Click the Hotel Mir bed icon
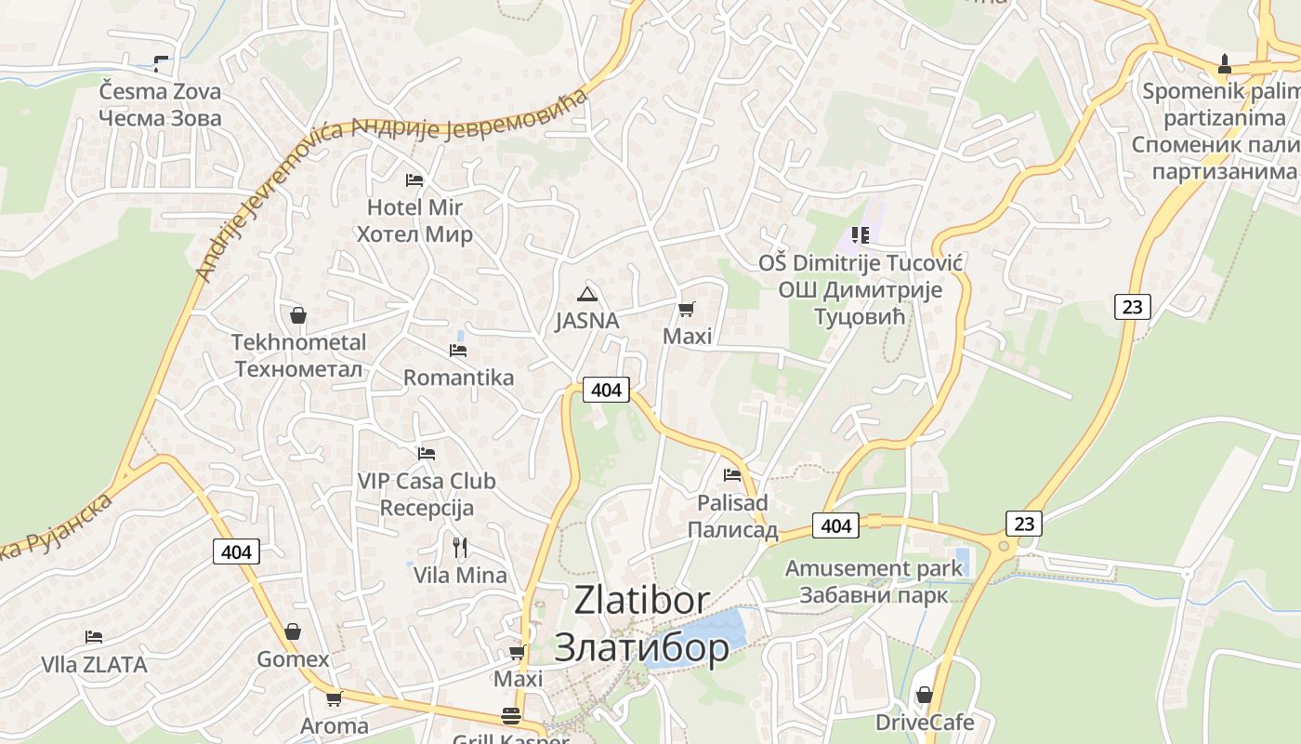pyautogui.click(x=414, y=179)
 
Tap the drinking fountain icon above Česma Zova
pyautogui.click(x=162, y=64)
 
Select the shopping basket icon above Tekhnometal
pyautogui.click(x=298, y=315)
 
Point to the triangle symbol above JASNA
pyautogui.click(x=586, y=295)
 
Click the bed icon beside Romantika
pyautogui.click(x=458, y=351)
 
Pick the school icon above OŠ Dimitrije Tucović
pyautogui.click(x=861, y=235)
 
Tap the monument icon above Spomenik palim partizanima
pyautogui.click(x=1225, y=64)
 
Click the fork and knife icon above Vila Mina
pyautogui.click(x=459, y=547)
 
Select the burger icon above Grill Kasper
pyautogui.click(x=511, y=716)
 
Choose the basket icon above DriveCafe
pyautogui.click(x=925, y=695)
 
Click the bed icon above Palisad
pyautogui.click(x=732, y=475)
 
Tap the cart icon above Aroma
pyautogui.click(x=334, y=697)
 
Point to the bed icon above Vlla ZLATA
pyautogui.click(x=94, y=637)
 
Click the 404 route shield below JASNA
pyautogui.click(x=606, y=390)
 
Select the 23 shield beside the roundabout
pyautogui.click(x=1024, y=524)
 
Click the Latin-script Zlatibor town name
pyautogui.click(x=642, y=601)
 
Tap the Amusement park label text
pyautogui.click(x=874, y=568)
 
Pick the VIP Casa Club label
pyautogui.click(x=427, y=482)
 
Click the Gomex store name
pyautogui.click(x=293, y=659)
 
